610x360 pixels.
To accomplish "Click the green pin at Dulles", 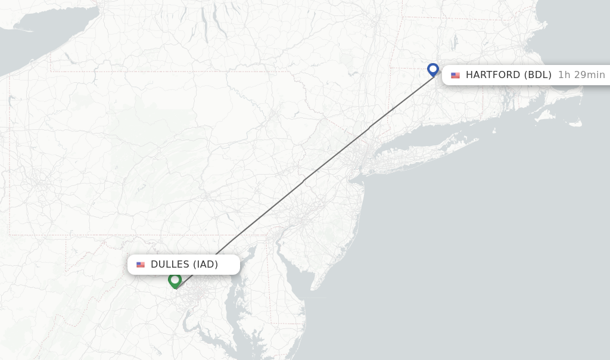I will (175, 280).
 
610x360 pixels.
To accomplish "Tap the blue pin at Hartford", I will (433, 70).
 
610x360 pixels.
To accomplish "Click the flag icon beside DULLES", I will (141, 265).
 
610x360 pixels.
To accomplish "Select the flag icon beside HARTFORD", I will (456, 75).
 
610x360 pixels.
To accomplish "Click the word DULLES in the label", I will (170, 265).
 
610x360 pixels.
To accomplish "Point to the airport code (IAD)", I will (205, 265).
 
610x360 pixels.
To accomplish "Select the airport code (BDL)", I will (538, 75).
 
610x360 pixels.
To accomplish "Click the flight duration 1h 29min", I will (581, 75).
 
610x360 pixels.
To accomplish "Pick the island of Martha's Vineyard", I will (544, 116).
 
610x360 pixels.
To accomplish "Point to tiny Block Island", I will (494, 130).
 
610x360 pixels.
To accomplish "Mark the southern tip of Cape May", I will (310, 290).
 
